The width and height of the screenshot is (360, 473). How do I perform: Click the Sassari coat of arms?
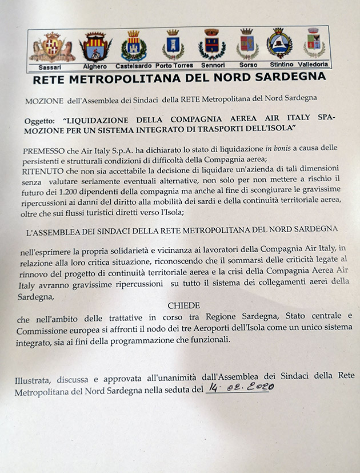coord(52,47)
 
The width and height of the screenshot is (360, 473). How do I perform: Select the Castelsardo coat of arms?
coord(134,46)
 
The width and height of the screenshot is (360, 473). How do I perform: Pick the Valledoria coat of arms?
coord(313,42)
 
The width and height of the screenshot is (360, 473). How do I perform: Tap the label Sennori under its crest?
coord(211,65)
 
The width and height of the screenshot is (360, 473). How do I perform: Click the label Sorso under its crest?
coord(248,65)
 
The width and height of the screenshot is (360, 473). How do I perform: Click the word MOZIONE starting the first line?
coord(45,100)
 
